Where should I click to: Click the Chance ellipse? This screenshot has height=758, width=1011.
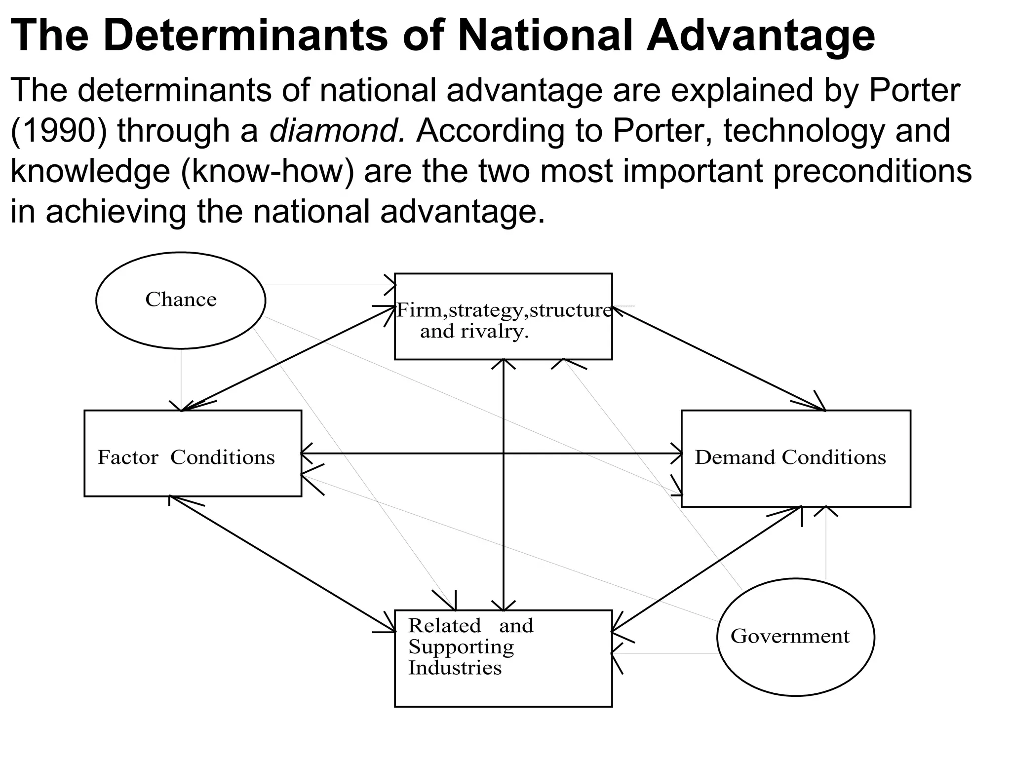[181, 300]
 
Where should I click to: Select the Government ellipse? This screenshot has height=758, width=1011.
[795, 637]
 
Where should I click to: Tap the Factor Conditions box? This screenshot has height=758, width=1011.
[193, 453]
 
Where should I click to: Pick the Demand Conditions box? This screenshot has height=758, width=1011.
[796, 458]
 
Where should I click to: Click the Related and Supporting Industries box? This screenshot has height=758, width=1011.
[503, 658]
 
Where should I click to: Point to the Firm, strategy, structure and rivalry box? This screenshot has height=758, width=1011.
[503, 316]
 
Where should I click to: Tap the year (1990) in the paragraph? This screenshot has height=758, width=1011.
[58, 131]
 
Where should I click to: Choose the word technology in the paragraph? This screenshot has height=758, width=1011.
[804, 131]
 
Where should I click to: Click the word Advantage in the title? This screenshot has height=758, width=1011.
[761, 36]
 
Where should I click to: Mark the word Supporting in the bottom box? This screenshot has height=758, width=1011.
[461, 647]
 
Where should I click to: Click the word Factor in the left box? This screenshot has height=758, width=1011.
[128, 457]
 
